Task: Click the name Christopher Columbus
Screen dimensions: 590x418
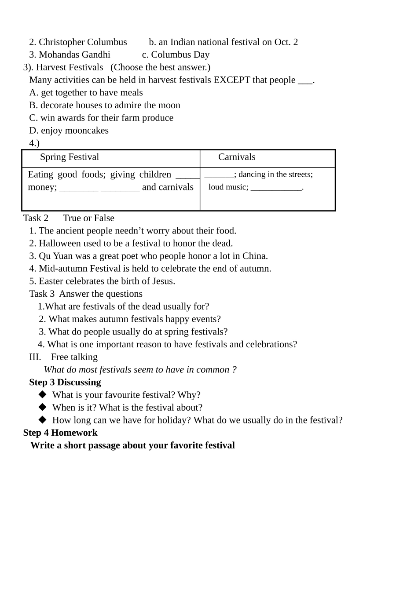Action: click(83, 42)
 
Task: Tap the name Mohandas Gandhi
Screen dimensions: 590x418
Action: click(74, 55)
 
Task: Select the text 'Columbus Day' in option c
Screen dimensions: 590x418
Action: click(180, 55)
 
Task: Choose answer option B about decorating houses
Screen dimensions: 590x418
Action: click(105, 106)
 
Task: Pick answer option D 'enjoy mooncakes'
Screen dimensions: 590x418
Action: click(69, 131)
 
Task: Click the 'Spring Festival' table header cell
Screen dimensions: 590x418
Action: click(70, 157)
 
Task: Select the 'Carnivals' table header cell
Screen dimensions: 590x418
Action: click(237, 157)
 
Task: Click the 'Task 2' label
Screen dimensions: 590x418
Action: click(36, 219)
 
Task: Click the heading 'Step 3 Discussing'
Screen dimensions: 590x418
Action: click(65, 382)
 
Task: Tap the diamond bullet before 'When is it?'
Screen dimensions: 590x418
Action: click(43, 407)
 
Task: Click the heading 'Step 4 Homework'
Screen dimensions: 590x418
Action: click(60, 433)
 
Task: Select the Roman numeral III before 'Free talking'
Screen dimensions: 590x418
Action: click(35, 357)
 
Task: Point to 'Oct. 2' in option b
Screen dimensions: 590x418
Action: click(286, 42)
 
